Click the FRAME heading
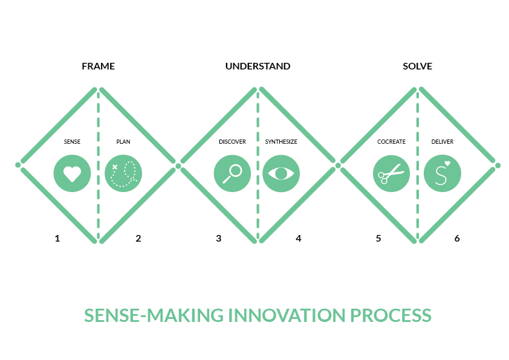point(98,66)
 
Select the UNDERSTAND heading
point(258,66)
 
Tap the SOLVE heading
point(417,66)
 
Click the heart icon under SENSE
point(72,173)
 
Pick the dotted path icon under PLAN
point(123,173)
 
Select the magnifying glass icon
point(232,173)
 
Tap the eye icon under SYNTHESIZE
point(281,173)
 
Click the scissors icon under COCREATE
point(391,173)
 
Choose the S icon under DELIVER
point(442,173)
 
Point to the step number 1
point(57,239)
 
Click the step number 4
point(298,239)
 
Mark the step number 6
point(457,239)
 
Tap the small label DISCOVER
point(232,142)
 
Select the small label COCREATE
point(391,142)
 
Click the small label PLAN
point(123,142)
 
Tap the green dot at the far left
point(18,165)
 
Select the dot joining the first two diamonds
point(178,165)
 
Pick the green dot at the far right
point(498,165)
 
